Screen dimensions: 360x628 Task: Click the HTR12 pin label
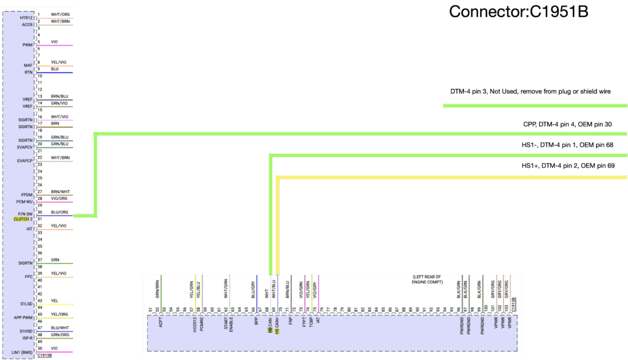[26, 18]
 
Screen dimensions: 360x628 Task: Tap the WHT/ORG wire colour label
[59, 14]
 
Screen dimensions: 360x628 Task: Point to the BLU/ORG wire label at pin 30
[59, 212]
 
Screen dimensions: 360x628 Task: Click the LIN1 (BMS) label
[22, 352]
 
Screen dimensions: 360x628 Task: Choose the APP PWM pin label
[23, 317]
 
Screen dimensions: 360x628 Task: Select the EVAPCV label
[25, 147]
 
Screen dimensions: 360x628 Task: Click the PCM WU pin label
[24, 201]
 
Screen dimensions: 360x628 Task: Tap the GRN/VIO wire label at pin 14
[59, 103]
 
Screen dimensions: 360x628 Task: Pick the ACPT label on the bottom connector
[161, 321]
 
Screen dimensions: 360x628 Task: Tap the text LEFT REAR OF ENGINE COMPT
[427, 279]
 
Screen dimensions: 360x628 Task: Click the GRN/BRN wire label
[158, 289]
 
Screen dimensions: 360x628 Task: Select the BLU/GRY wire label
[253, 289]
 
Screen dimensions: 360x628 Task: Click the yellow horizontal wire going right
[454, 177]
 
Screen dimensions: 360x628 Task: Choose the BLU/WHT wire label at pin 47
[59, 328]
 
